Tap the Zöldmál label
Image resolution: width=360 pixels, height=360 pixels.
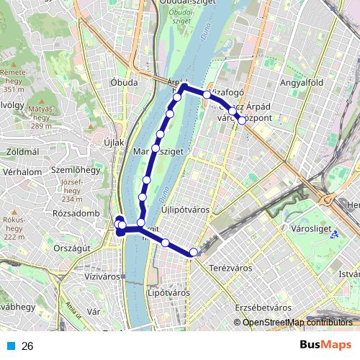pyautogui.click(x=22, y=152)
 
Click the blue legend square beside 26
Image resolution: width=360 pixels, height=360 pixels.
pyautogui.click(x=12, y=346)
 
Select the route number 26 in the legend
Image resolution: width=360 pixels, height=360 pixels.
pyautogui.click(x=27, y=346)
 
